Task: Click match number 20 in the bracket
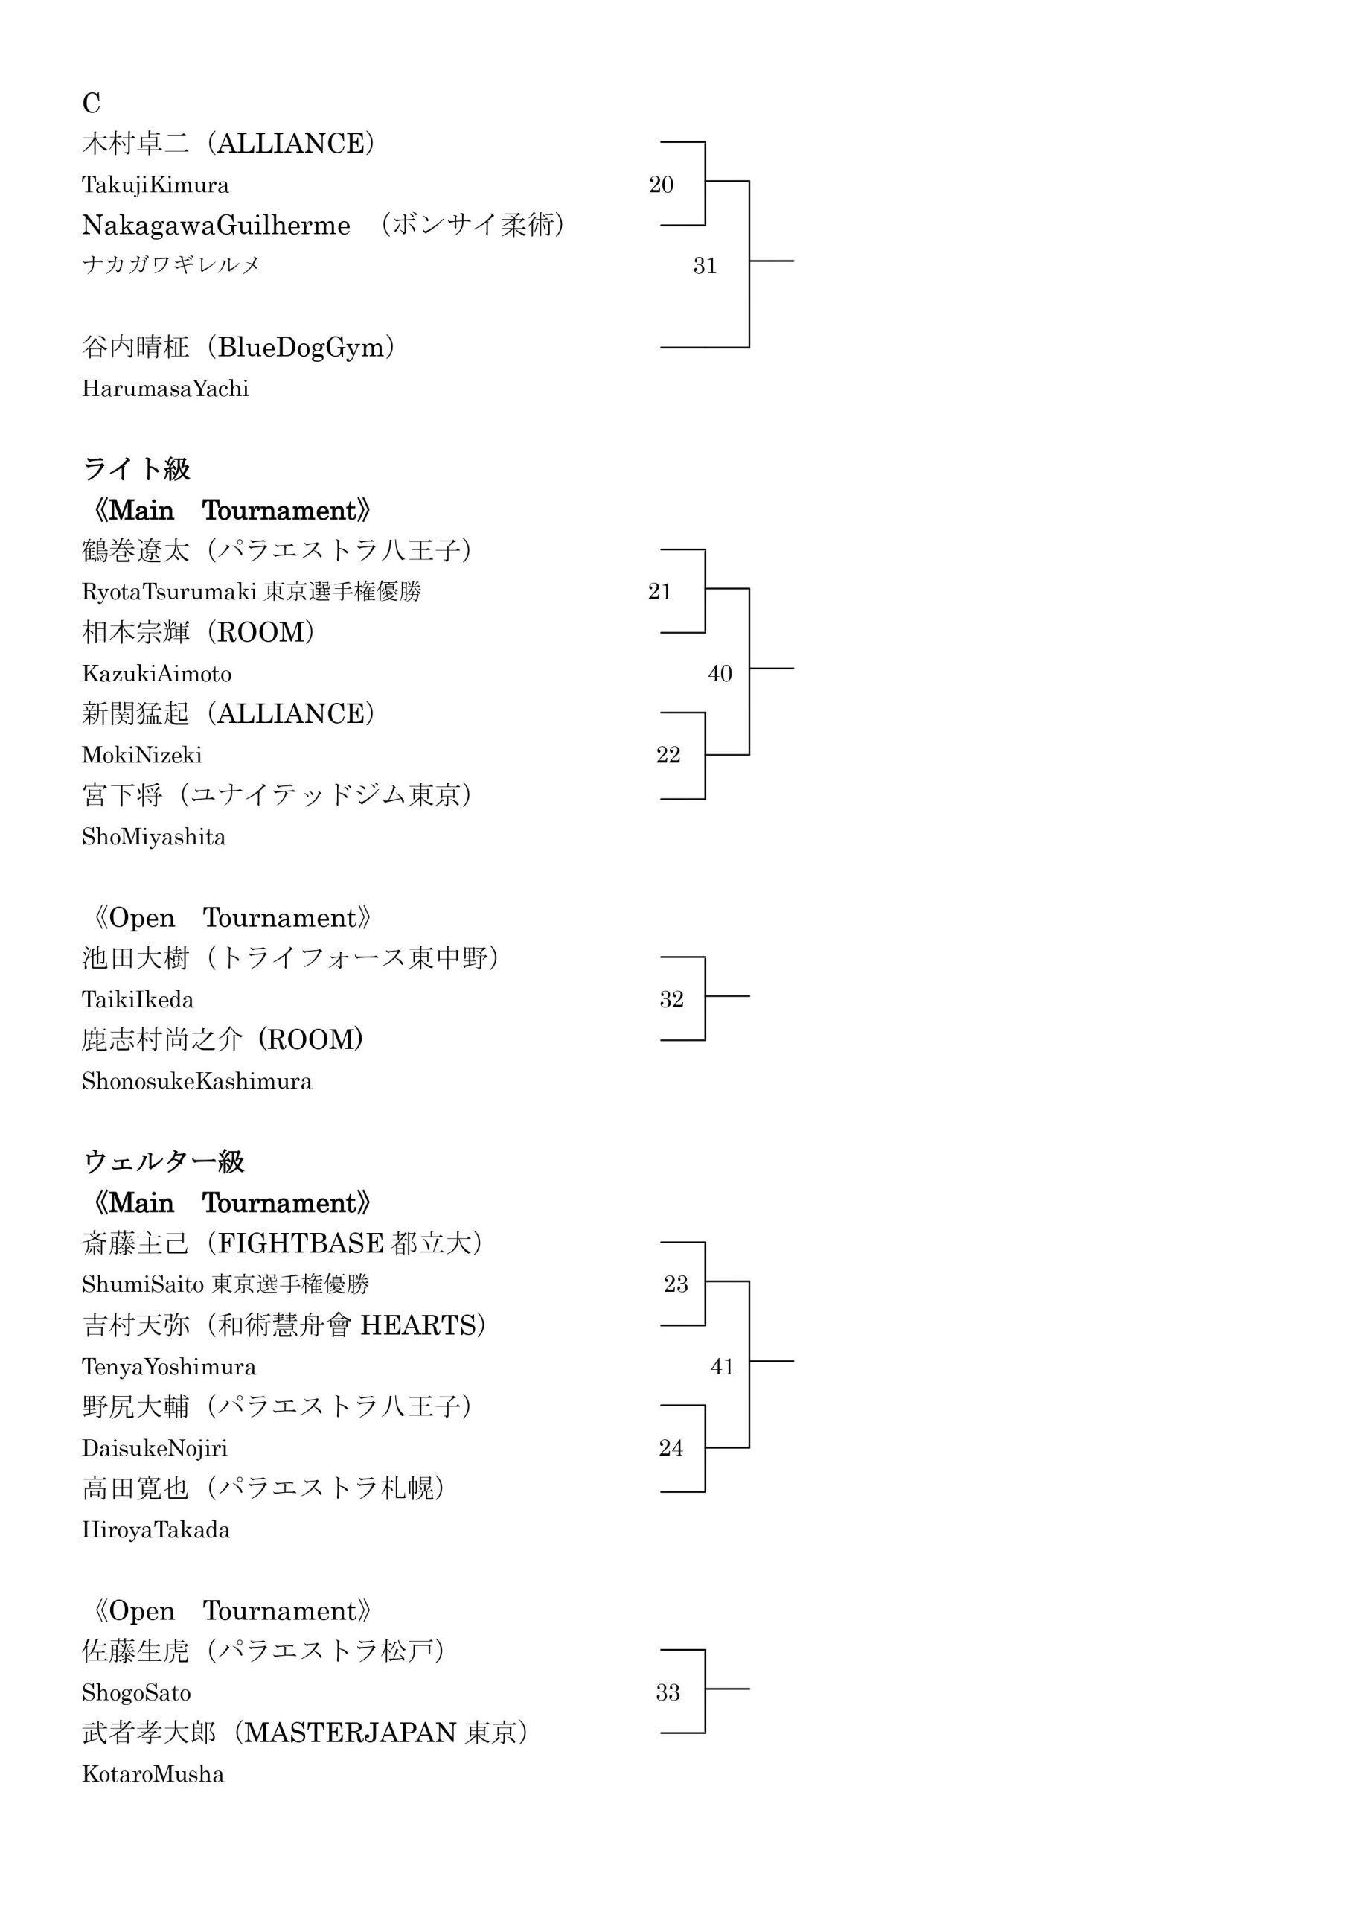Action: point(661,185)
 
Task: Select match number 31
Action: point(705,266)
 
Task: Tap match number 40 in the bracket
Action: point(720,673)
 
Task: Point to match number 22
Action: point(668,755)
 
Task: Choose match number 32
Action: point(671,999)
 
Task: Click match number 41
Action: point(722,1366)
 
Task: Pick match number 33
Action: point(668,1692)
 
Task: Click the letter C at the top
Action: point(92,103)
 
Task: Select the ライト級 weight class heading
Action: point(137,470)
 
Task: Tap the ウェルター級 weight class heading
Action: point(164,1162)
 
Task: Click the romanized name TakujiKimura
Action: point(156,185)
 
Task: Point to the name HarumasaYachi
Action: point(165,389)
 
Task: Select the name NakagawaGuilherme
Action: point(216,226)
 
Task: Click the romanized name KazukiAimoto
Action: point(157,674)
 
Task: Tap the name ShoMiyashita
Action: point(153,837)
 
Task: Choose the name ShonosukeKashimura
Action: point(196,1082)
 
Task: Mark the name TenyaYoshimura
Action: point(170,1367)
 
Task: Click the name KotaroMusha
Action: point(153,1775)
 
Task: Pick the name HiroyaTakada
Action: point(156,1530)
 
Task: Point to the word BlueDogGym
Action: point(301,348)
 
